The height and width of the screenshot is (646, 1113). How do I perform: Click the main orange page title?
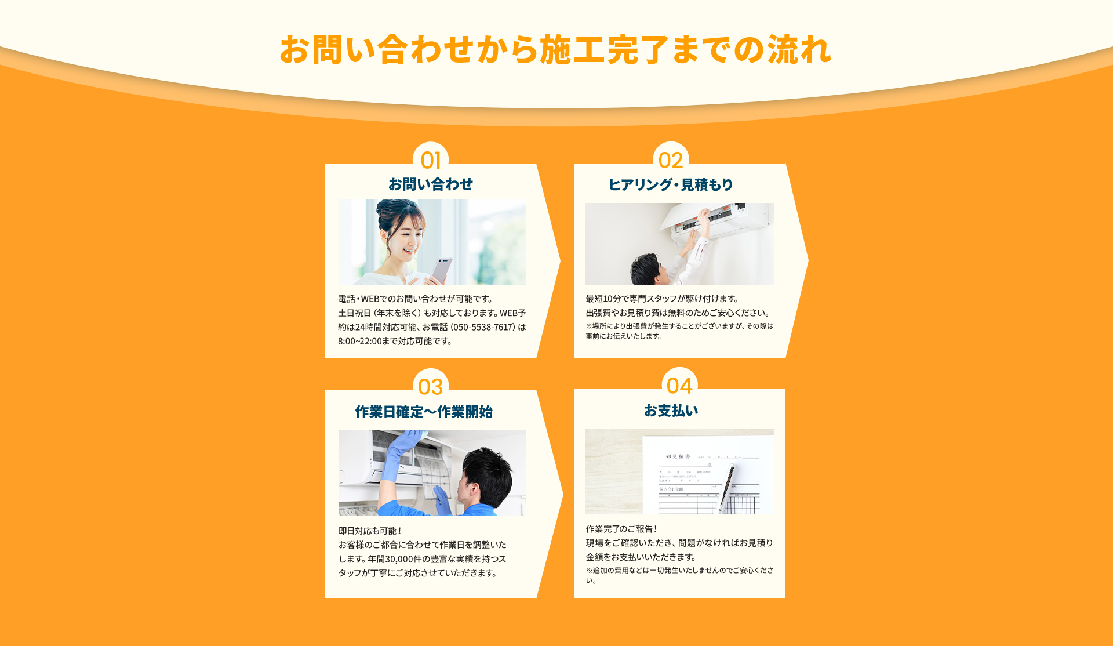coord(555,50)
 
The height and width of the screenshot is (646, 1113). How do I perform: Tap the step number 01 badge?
coord(431,159)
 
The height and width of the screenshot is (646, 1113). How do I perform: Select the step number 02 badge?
coord(671,159)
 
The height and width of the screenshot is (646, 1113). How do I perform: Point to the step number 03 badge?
coord(431,386)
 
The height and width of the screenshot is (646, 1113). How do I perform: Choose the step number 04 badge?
coord(679,385)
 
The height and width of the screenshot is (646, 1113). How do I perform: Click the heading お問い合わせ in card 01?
coord(431,184)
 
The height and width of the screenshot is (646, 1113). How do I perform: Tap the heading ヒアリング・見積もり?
coord(671,185)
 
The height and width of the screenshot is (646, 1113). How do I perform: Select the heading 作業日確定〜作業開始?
coord(424,412)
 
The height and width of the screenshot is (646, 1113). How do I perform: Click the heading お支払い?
coord(671,411)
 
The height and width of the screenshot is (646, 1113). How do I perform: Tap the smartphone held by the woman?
coord(442,270)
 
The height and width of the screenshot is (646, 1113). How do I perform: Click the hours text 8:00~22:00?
coord(359,342)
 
